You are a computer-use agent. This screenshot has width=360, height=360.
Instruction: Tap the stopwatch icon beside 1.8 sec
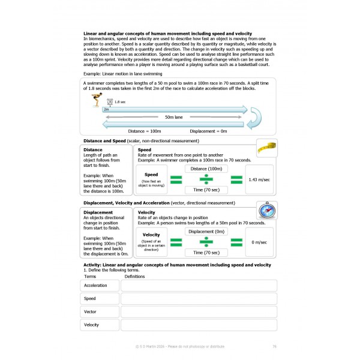click(109, 102)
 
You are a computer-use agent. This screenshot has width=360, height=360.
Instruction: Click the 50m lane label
click(174, 118)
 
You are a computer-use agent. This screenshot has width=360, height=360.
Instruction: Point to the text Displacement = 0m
click(208, 131)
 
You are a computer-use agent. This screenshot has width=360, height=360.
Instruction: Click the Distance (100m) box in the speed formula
click(206, 169)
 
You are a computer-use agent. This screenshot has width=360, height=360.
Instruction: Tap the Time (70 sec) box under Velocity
click(206, 252)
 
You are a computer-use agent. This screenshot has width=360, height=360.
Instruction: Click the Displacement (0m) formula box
click(206, 232)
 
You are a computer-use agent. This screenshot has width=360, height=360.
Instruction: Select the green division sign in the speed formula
click(206, 179)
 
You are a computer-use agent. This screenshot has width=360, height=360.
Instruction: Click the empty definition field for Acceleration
click(199, 286)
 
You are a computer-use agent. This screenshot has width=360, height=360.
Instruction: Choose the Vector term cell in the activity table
click(100, 311)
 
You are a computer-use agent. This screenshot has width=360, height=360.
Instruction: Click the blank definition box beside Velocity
click(199, 325)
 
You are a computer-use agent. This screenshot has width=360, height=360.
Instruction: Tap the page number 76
click(274, 346)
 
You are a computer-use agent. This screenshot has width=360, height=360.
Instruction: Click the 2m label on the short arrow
click(107, 109)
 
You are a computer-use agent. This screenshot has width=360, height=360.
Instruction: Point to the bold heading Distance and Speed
click(104, 140)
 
